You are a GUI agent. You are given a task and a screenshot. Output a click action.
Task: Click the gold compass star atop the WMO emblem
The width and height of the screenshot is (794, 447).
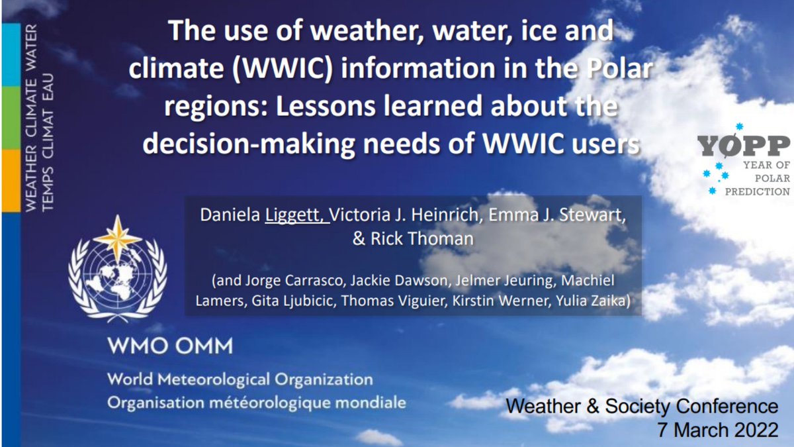coord(117,238)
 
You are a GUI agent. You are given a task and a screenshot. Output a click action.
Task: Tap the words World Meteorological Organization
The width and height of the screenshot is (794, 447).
coord(240,380)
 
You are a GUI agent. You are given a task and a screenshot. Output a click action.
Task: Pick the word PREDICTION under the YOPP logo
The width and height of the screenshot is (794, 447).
coord(757,191)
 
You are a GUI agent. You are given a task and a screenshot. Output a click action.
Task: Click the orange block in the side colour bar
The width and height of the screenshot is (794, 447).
coord(11,180)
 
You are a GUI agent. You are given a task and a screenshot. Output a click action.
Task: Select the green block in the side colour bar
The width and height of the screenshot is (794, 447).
coord(11,118)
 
